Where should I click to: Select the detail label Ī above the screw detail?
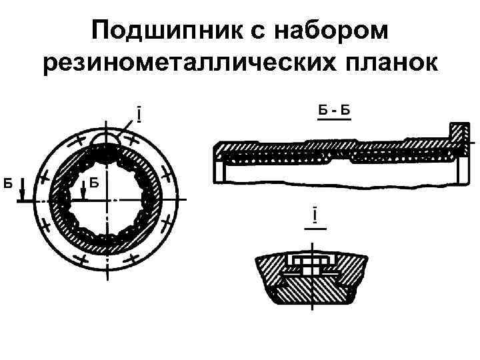[x=313, y=217]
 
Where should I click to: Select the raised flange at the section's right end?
[x=459, y=137]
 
